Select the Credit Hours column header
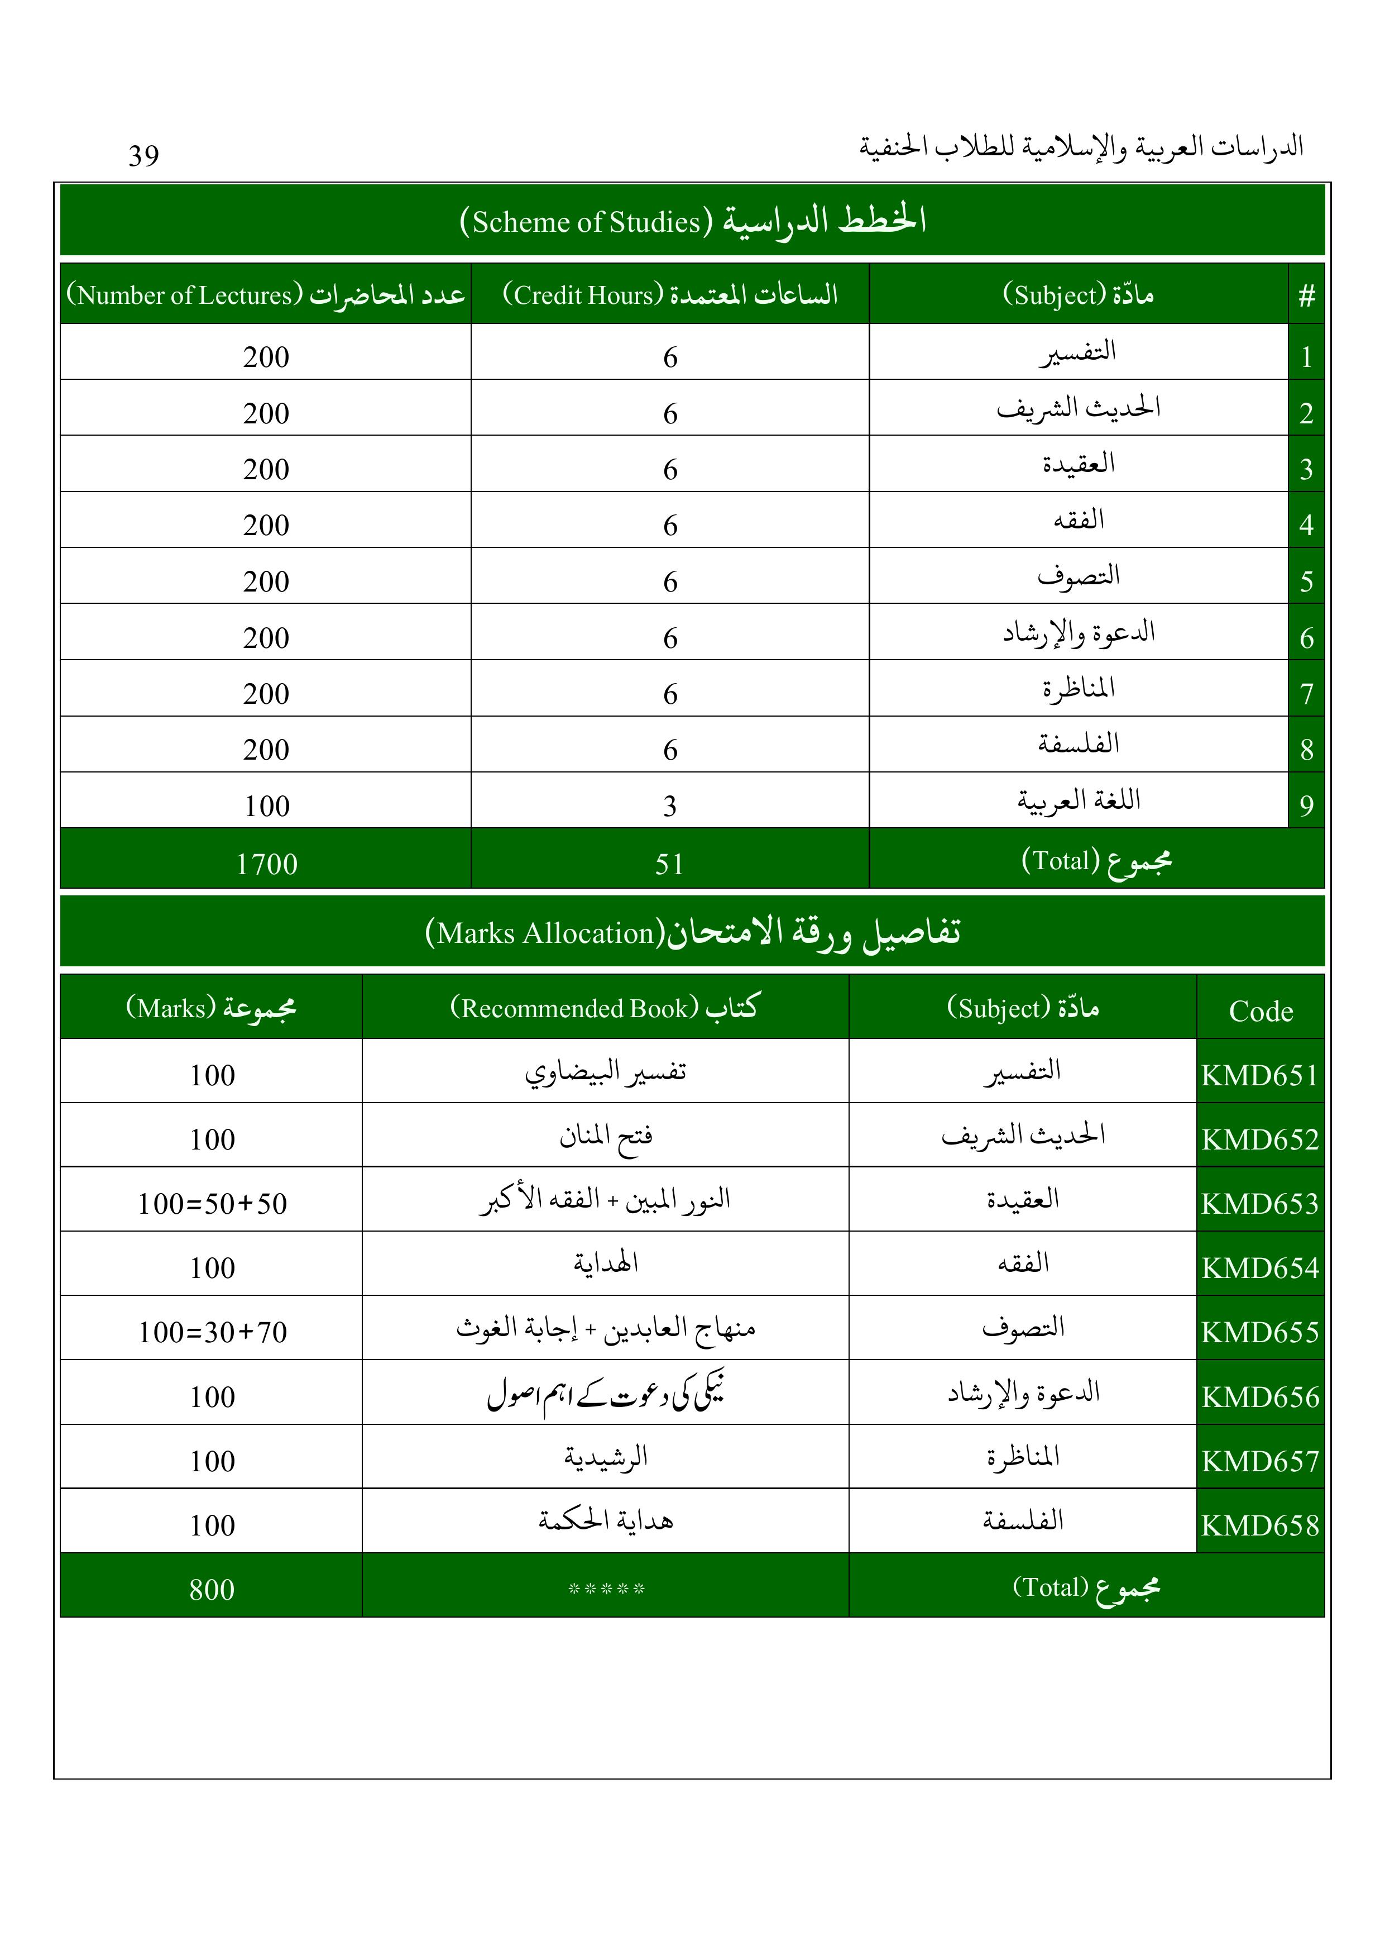[x=670, y=294]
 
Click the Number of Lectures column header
[x=265, y=294]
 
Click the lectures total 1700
[x=266, y=864]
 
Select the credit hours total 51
[x=670, y=864]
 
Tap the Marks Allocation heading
[x=692, y=932]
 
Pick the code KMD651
[x=1261, y=1075]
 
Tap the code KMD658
[x=1261, y=1525]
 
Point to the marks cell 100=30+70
[x=213, y=1332]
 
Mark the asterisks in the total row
[x=606, y=1589]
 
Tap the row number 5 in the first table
[x=1306, y=581]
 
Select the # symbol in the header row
[x=1306, y=296]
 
